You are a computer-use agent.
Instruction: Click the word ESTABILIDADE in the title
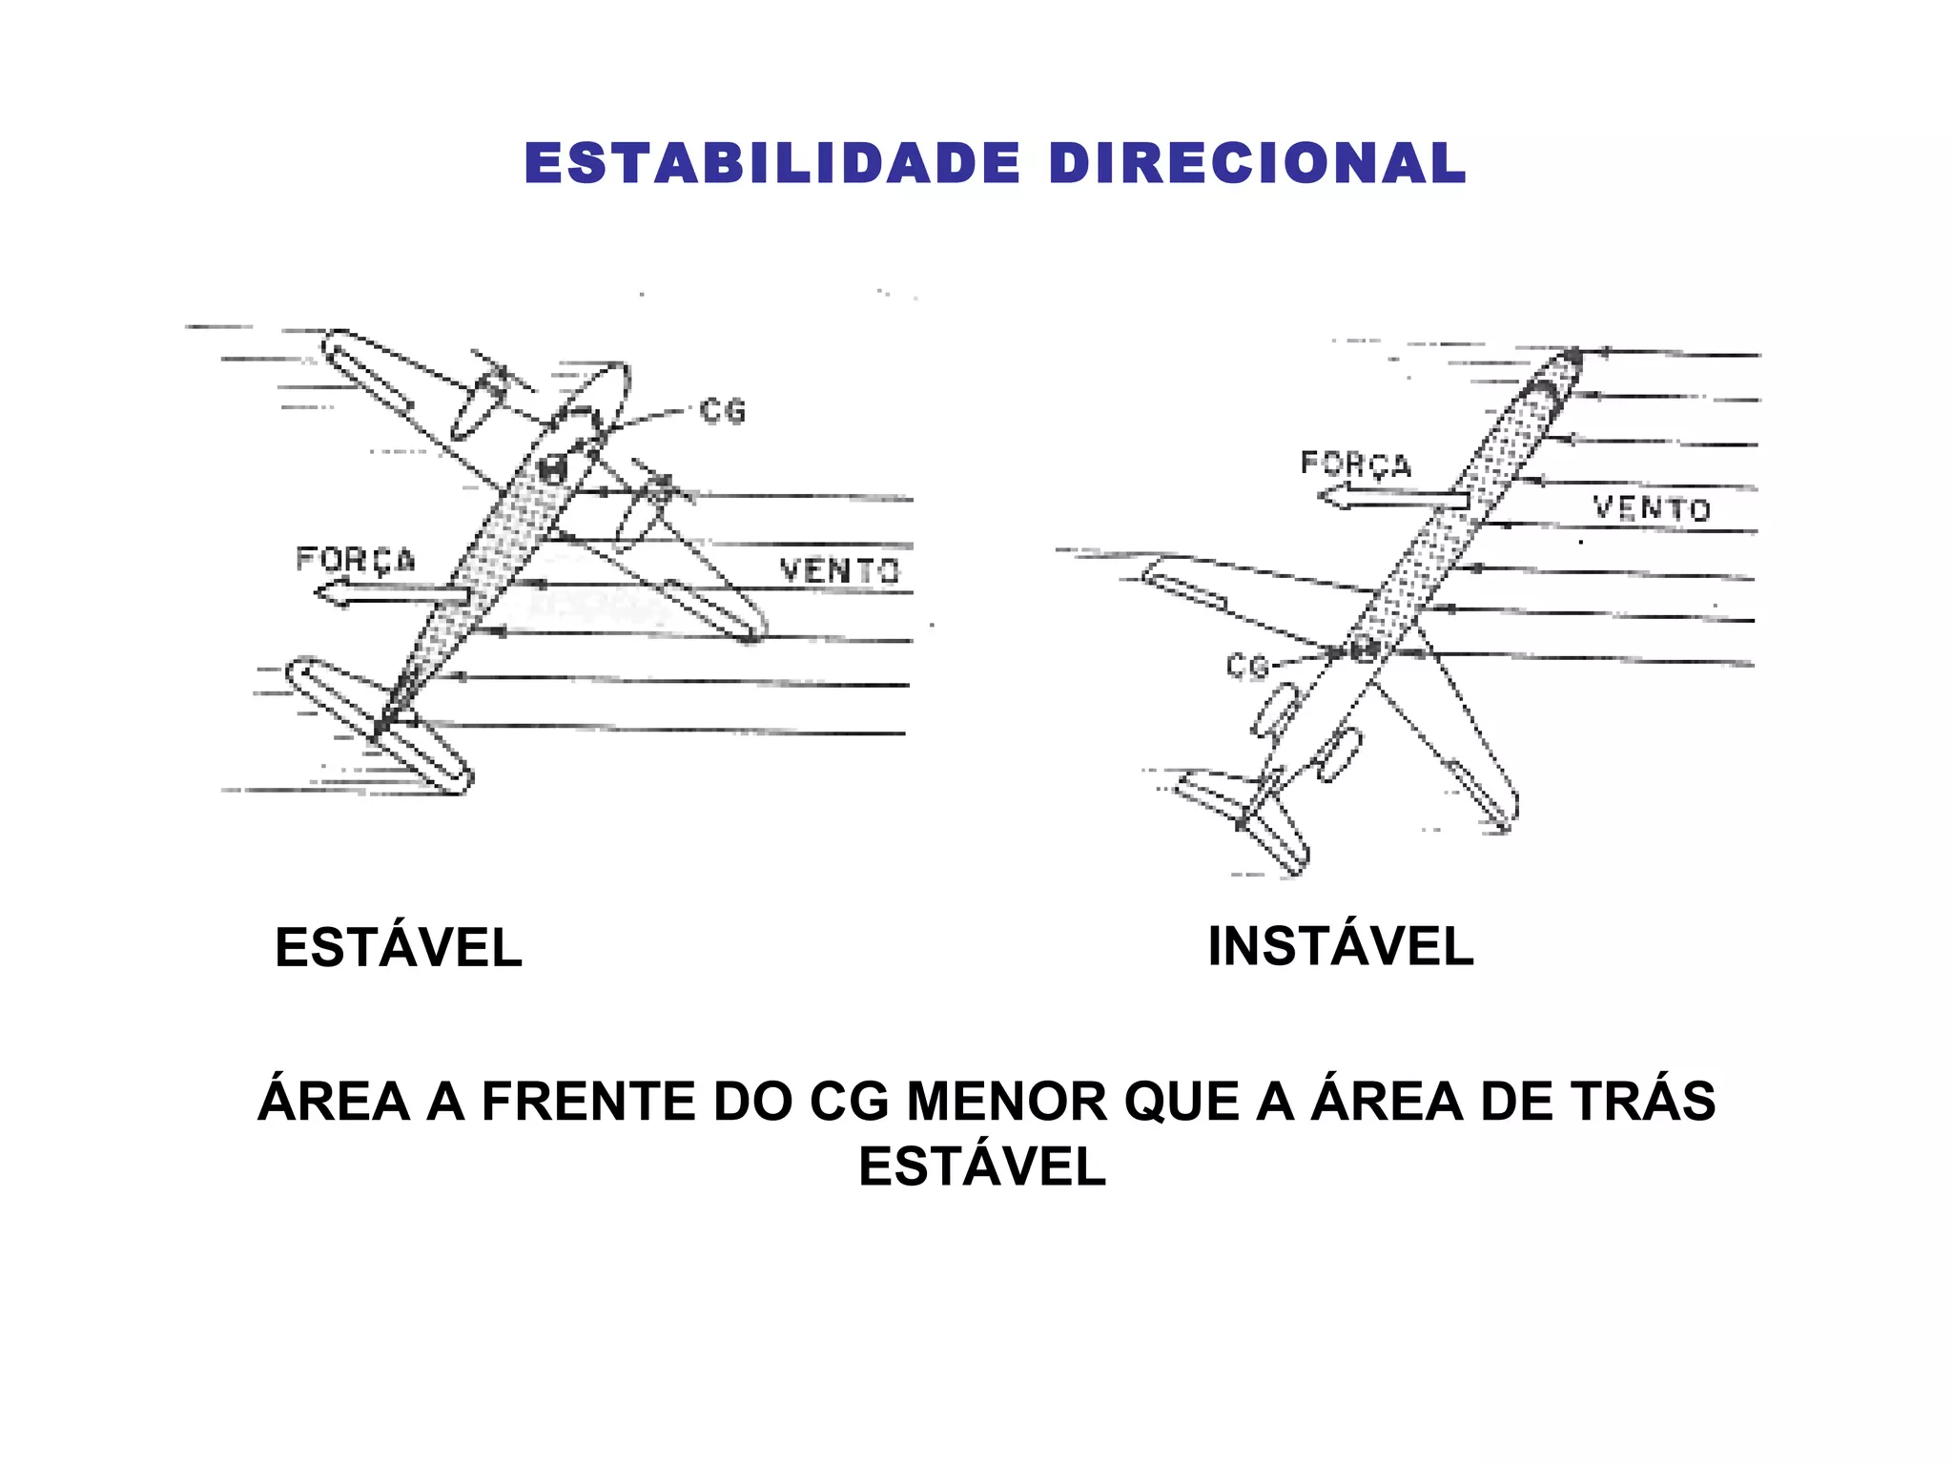click(772, 163)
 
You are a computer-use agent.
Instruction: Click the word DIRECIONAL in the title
click(1257, 163)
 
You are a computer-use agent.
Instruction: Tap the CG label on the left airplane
click(722, 411)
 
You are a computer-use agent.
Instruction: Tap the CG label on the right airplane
click(1247, 666)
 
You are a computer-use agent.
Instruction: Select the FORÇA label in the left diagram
click(356, 560)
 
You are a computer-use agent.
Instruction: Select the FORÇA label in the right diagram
click(1355, 464)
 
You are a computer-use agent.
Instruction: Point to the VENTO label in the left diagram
click(839, 570)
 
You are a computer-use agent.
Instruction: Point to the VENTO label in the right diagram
click(1652, 508)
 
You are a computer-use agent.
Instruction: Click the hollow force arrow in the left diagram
click(391, 595)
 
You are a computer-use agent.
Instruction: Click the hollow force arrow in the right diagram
click(1392, 498)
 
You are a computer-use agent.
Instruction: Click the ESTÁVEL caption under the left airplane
click(398, 947)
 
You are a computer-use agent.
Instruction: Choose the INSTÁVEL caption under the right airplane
click(1340, 946)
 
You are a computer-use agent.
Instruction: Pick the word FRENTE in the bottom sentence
click(588, 1101)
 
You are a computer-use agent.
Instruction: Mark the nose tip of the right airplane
click(1572, 358)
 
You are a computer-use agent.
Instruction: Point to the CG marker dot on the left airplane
click(552, 467)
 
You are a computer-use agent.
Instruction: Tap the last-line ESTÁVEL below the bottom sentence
click(982, 1166)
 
